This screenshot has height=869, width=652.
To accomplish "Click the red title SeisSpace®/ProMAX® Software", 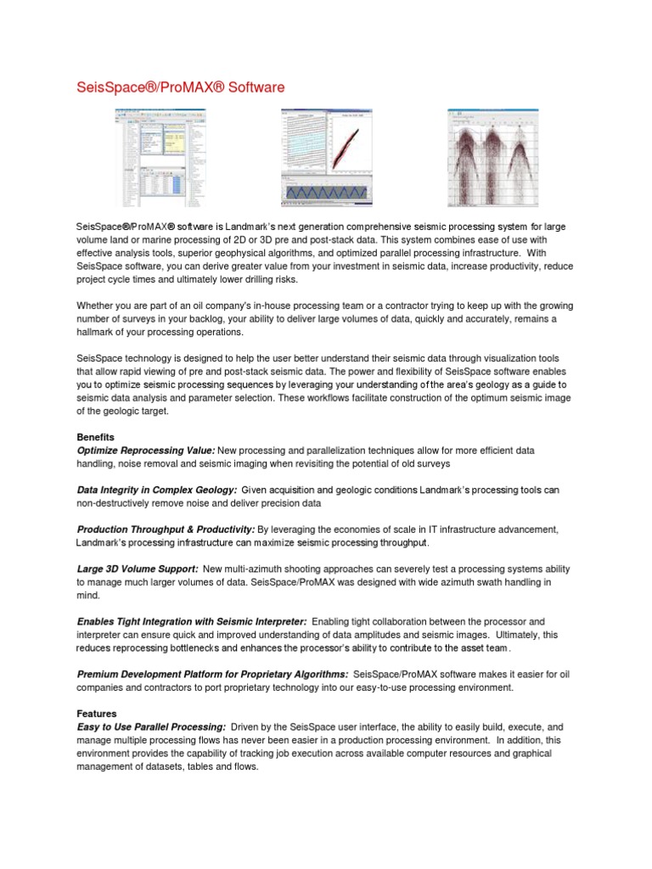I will click(175, 87).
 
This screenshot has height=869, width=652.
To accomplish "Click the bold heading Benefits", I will click(96, 436).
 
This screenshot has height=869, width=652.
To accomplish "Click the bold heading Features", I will click(96, 714).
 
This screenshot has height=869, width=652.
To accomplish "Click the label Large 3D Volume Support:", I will click(138, 569).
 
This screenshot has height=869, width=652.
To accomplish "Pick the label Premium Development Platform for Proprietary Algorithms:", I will click(211, 674).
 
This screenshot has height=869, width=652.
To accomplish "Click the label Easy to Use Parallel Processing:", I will click(151, 727).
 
